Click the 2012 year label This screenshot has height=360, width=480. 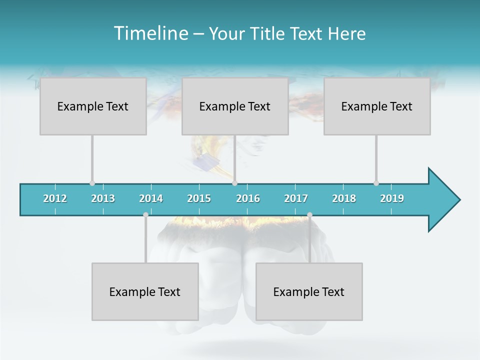55,198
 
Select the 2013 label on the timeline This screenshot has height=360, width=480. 103,198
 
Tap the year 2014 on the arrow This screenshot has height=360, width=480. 151,198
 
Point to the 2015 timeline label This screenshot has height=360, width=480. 199,198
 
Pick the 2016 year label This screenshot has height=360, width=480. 248,198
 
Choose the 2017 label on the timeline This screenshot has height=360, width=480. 296,198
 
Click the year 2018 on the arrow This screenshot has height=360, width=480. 344,198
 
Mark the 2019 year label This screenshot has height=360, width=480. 392,198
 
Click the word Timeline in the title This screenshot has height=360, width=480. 150,33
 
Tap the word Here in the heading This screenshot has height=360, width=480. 346,33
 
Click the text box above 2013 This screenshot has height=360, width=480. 93,106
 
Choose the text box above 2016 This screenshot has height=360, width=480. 235,106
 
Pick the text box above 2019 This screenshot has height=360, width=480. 377,106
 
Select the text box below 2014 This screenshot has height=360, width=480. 145,291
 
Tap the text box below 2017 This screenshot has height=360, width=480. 309,291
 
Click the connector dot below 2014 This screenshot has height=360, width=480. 145,214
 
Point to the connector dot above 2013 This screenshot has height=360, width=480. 92,183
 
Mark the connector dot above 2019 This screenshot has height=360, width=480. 376,183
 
